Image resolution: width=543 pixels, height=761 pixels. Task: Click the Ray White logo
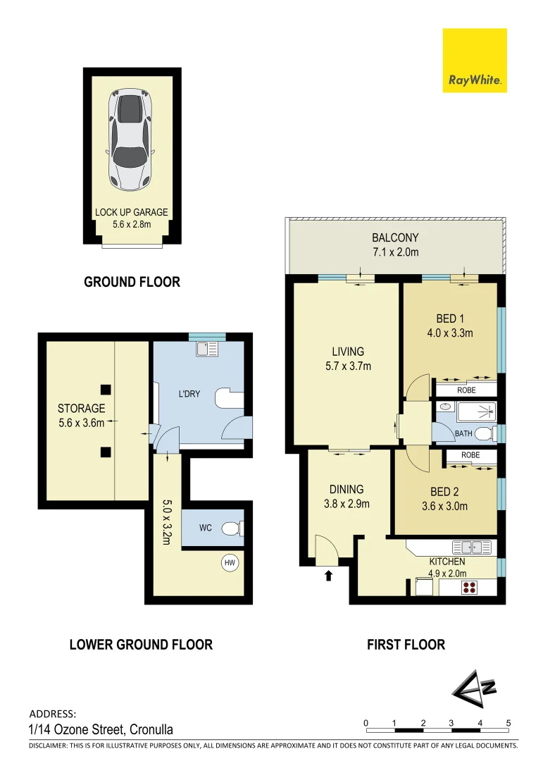[x=475, y=61]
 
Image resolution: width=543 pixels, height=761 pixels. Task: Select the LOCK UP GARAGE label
[x=132, y=212]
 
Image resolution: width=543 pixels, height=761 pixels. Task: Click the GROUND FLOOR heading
[x=132, y=282]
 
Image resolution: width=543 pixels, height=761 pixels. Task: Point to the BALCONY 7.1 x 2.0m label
[x=395, y=245]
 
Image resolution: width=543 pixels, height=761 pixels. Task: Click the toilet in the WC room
[x=232, y=528]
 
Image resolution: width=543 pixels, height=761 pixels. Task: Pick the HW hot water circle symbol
[x=229, y=562]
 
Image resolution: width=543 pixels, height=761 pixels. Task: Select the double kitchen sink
[x=470, y=545]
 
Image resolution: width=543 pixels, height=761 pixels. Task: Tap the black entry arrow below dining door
[x=328, y=576]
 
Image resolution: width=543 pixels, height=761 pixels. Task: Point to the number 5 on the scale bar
[x=508, y=723]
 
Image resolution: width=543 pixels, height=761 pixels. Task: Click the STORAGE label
[x=81, y=408]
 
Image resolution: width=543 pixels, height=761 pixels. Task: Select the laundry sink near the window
[x=208, y=348]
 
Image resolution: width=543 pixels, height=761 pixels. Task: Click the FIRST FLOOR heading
[x=406, y=644]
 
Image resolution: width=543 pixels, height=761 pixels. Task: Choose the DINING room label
[x=347, y=489]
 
